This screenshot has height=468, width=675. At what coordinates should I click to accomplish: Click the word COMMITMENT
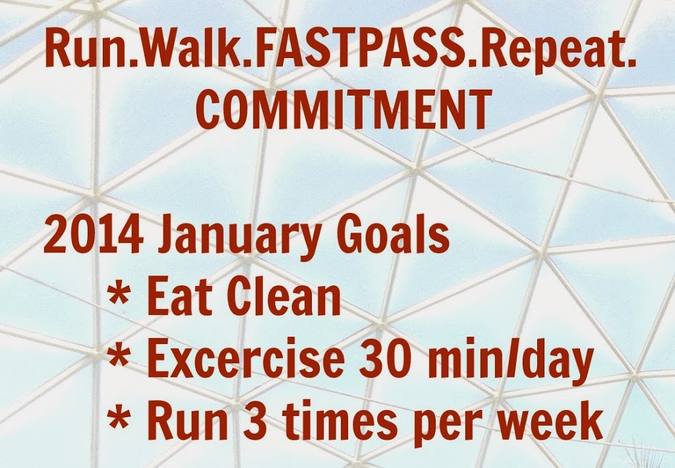point(343,108)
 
